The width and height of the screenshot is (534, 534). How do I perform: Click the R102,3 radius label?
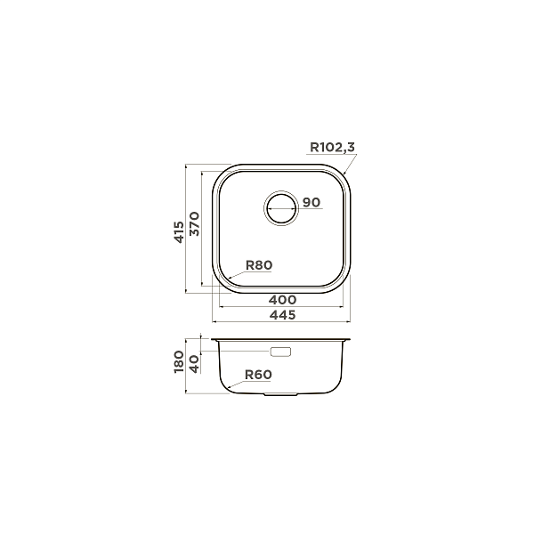332,149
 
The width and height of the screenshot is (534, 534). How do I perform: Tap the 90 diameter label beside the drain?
311,203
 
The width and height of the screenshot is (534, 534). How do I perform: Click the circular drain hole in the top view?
282,208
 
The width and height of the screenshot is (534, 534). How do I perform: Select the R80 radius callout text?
257,264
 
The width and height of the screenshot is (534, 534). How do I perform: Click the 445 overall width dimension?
282,315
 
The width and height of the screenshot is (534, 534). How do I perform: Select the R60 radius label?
257,376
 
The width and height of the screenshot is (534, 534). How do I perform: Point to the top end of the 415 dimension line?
186,165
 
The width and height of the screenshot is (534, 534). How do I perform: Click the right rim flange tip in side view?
350,339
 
